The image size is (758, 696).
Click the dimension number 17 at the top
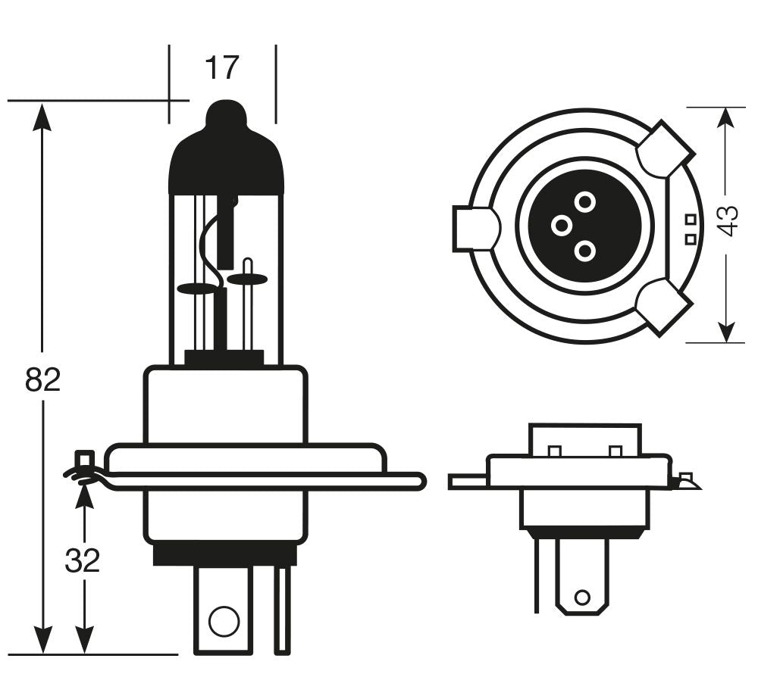pos(221,69)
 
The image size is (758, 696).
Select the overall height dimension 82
pos(42,379)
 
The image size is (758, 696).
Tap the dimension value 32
pos(83,560)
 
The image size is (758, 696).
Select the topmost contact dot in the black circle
pos(584,201)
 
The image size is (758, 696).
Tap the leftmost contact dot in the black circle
pos(561,225)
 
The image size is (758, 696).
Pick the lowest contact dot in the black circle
pos(584,250)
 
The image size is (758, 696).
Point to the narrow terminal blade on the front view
pos(282,610)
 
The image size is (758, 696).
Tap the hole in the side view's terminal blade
pos(581,598)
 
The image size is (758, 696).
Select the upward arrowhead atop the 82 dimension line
pos(42,117)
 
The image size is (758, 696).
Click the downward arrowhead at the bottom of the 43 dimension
pos(726,331)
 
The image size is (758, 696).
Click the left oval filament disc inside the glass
pos(196,289)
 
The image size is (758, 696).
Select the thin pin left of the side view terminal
pos(537,576)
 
